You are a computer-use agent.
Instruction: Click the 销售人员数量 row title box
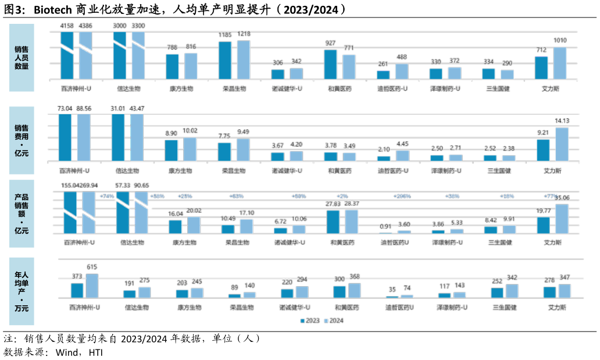tap(22, 58)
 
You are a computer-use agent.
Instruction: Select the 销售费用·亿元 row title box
tap(22, 140)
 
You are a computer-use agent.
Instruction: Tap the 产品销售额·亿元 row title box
tap(22, 214)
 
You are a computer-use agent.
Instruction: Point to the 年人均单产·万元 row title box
tap(22, 291)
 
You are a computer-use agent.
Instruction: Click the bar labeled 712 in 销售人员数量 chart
tap(541, 67)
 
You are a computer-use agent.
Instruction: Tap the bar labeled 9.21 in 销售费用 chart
tap(542, 149)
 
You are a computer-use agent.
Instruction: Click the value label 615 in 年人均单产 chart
tap(92, 267)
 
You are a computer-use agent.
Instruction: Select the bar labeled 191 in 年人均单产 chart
tap(129, 294)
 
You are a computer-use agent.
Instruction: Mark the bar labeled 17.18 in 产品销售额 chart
tap(247, 226)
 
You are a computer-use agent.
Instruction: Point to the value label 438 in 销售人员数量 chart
tap(402, 56)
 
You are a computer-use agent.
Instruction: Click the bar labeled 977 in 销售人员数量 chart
tap(330, 65)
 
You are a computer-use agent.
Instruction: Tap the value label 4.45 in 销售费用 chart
tap(402, 144)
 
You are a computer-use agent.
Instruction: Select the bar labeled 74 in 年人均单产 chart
tap(407, 296)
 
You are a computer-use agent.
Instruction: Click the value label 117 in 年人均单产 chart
tap(445, 286)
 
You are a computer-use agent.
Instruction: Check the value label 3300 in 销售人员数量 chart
tap(138, 26)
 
